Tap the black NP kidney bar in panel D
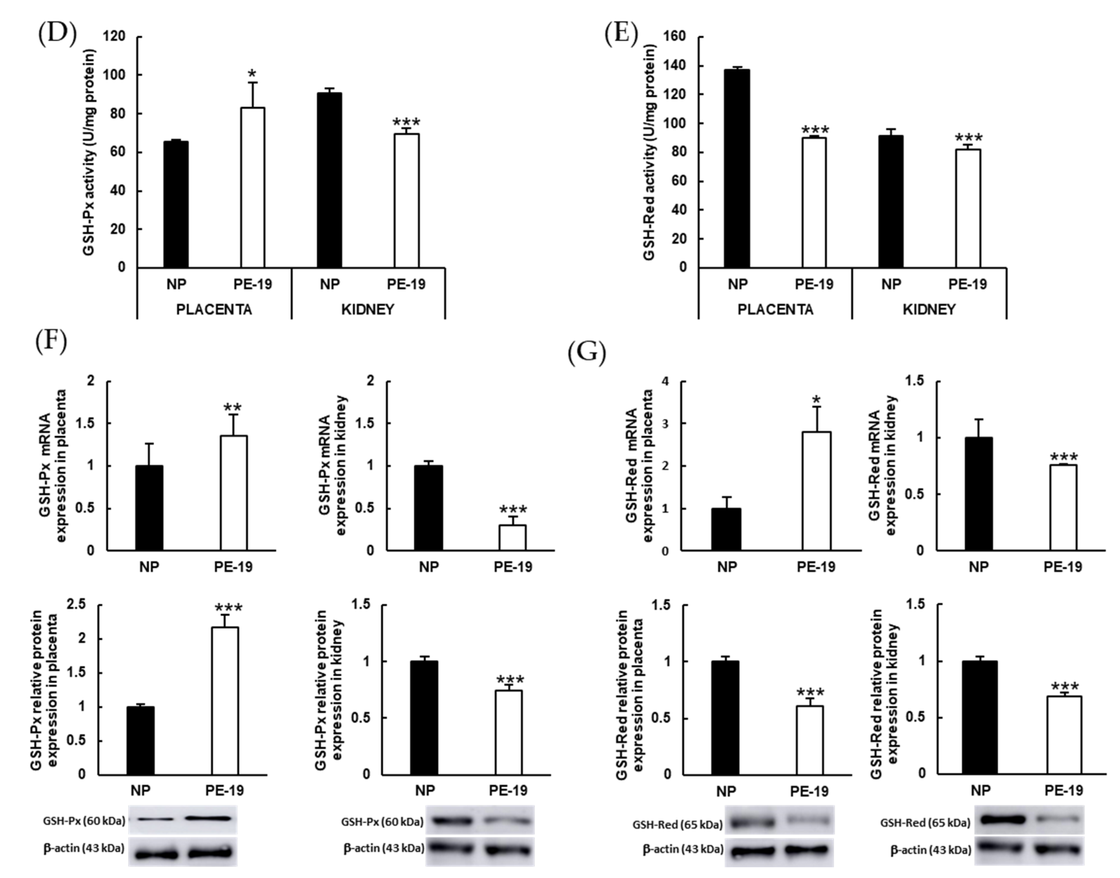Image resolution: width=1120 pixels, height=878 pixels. click(329, 180)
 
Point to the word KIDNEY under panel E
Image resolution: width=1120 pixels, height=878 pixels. click(929, 309)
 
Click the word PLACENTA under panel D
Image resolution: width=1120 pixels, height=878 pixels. click(214, 309)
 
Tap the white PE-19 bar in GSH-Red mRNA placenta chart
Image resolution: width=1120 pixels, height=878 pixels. click(816, 491)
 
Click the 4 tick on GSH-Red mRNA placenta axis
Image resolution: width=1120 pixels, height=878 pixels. click(665, 381)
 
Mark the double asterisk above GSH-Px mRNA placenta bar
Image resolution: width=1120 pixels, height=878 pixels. click(232, 409)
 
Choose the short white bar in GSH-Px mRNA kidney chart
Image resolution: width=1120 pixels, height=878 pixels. click(512, 537)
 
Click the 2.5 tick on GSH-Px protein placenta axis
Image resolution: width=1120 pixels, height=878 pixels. click(76, 605)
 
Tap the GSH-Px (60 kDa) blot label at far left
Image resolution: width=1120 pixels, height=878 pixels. click(84, 821)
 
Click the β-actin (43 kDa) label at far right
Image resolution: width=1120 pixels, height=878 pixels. click(930, 850)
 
